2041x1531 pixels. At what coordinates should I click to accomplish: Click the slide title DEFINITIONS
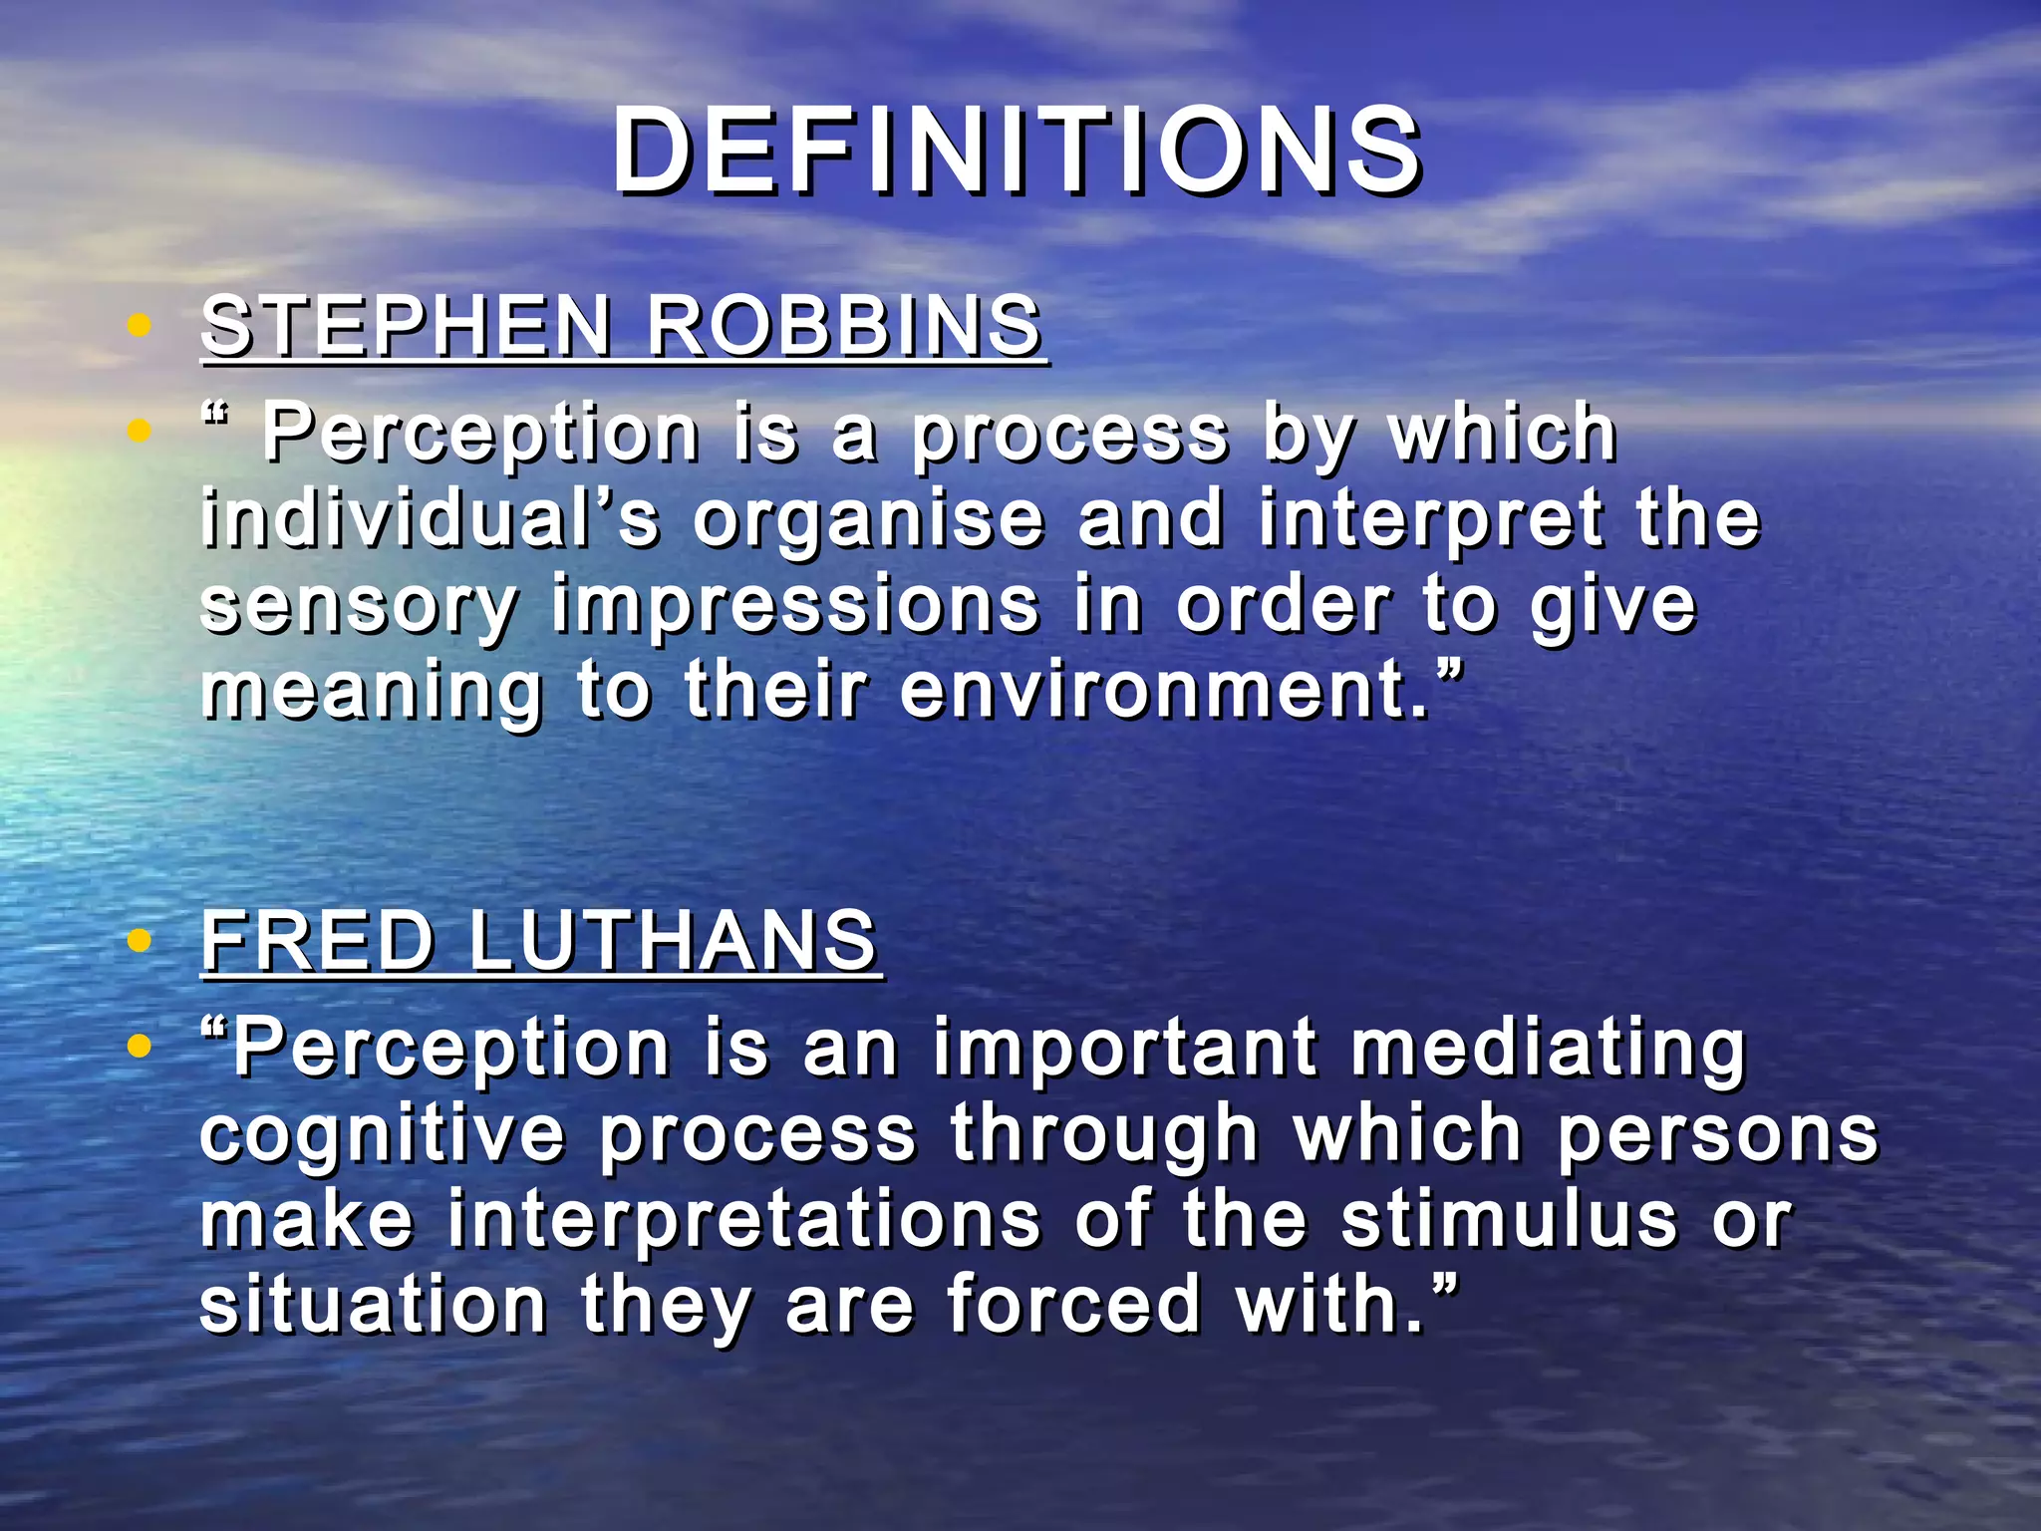point(1017,152)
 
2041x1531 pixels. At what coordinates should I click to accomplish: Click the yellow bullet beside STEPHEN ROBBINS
point(140,325)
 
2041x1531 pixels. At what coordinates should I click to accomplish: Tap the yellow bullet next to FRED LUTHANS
point(140,940)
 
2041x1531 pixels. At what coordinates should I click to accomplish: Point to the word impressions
point(795,606)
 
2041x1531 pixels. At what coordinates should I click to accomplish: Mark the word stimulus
point(1509,1220)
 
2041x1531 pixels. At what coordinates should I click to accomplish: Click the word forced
point(1074,1305)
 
